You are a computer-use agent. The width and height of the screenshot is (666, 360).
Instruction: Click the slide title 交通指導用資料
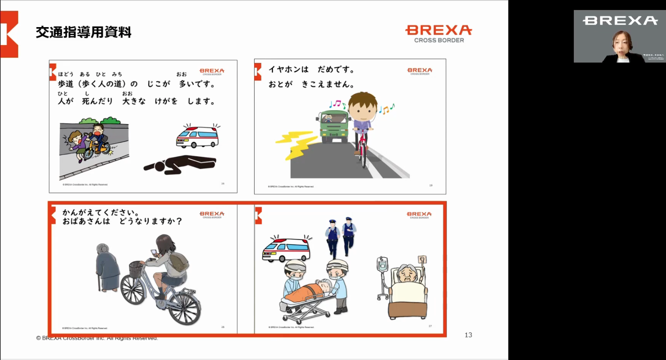83,32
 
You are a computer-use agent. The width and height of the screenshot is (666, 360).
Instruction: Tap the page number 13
468,335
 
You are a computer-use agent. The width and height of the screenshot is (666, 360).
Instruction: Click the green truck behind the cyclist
333,125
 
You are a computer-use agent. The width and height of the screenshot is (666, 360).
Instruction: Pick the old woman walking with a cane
107,267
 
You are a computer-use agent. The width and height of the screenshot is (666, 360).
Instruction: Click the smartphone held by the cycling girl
154,252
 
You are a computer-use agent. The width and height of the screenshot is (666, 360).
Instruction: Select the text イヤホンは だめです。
311,69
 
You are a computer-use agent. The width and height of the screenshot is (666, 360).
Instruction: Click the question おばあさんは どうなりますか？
122,221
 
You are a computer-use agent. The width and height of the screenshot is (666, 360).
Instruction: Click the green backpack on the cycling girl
178,262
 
